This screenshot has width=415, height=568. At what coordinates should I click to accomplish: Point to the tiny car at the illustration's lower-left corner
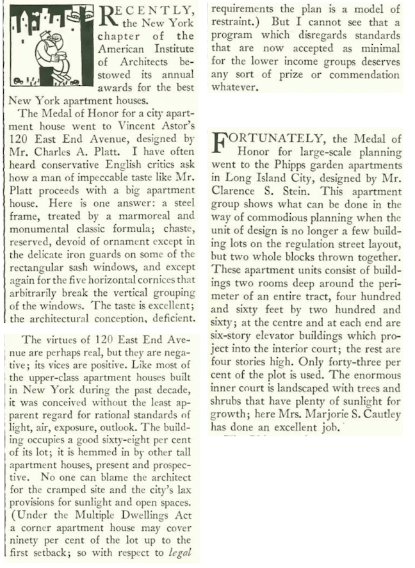[x=17, y=82]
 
